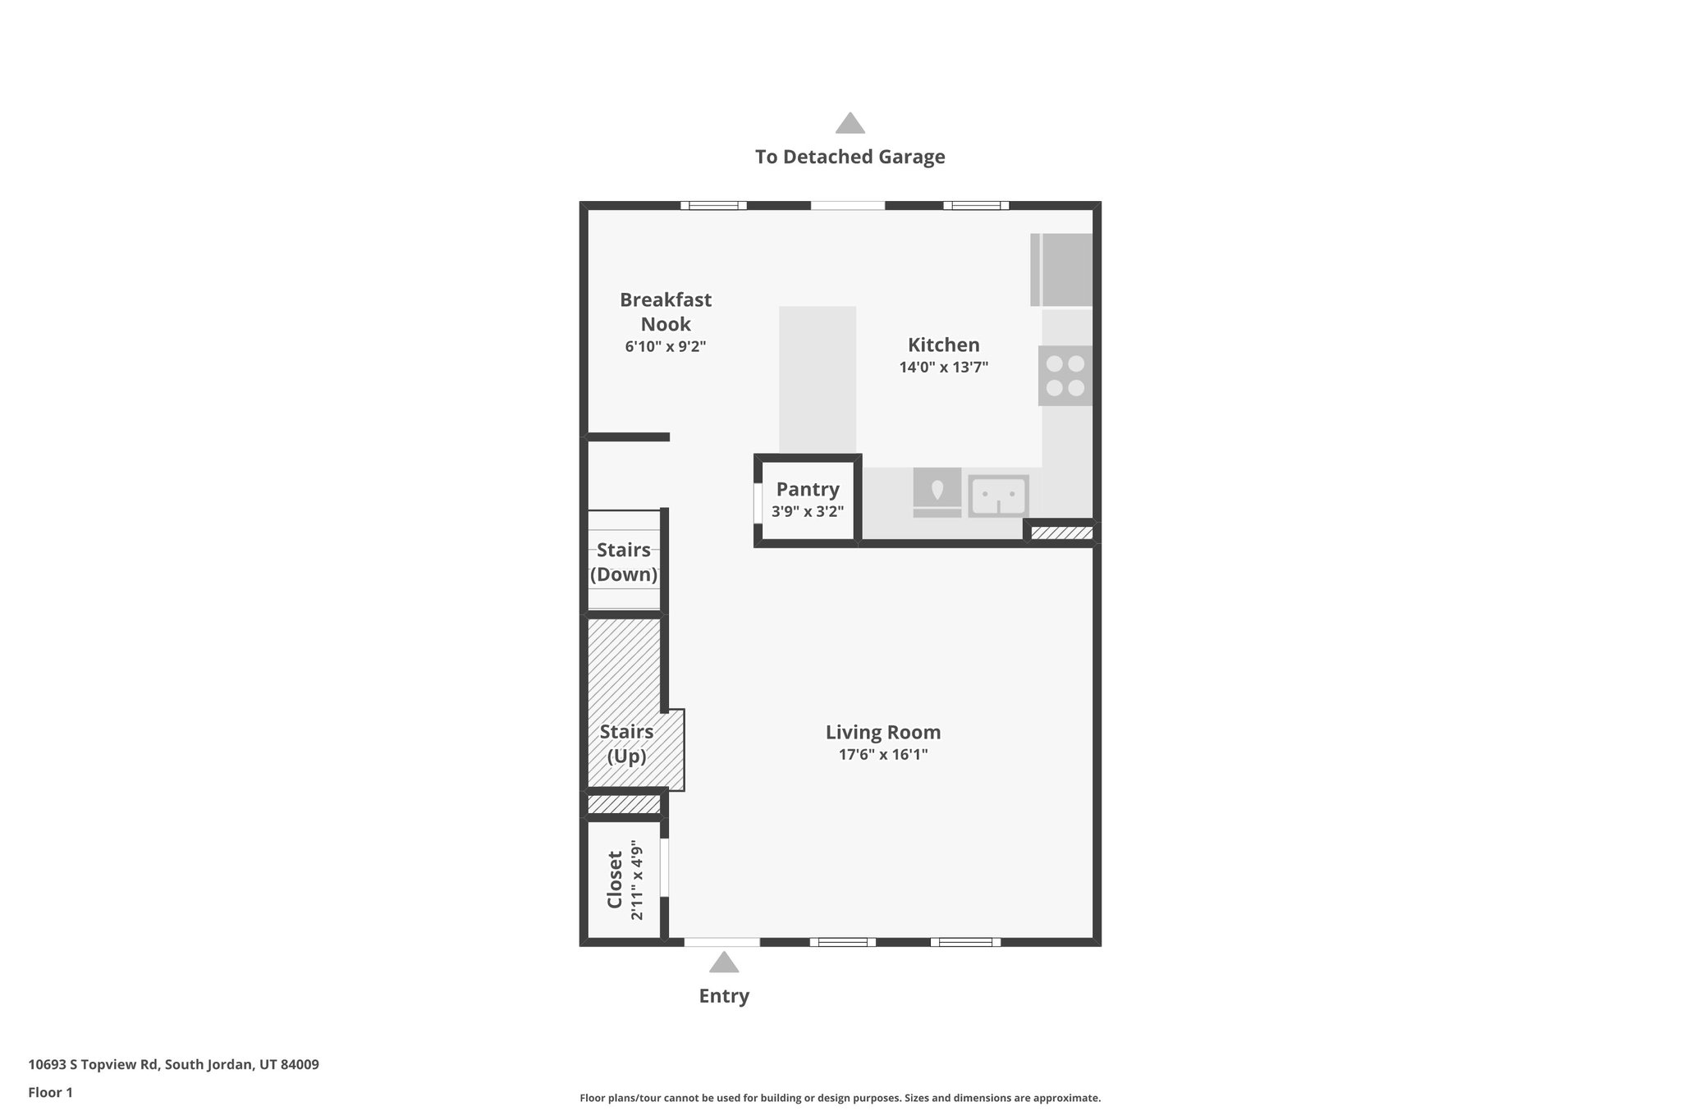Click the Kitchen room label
click(943, 345)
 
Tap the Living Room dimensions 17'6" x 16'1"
click(882, 754)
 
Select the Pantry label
click(808, 489)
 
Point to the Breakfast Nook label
click(665, 312)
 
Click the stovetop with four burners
click(1065, 376)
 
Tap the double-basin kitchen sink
click(998, 496)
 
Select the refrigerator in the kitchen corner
click(1062, 269)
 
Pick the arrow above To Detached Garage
click(850, 123)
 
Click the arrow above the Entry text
click(723, 962)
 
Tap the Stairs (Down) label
click(624, 562)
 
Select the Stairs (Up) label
click(626, 743)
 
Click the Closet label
click(615, 880)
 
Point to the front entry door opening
click(721, 942)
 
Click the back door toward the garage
click(848, 205)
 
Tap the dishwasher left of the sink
click(937, 492)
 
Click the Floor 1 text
click(50, 1092)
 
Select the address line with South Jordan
click(173, 1064)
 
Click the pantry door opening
click(757, 503)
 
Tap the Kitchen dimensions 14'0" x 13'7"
click(943, 368)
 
